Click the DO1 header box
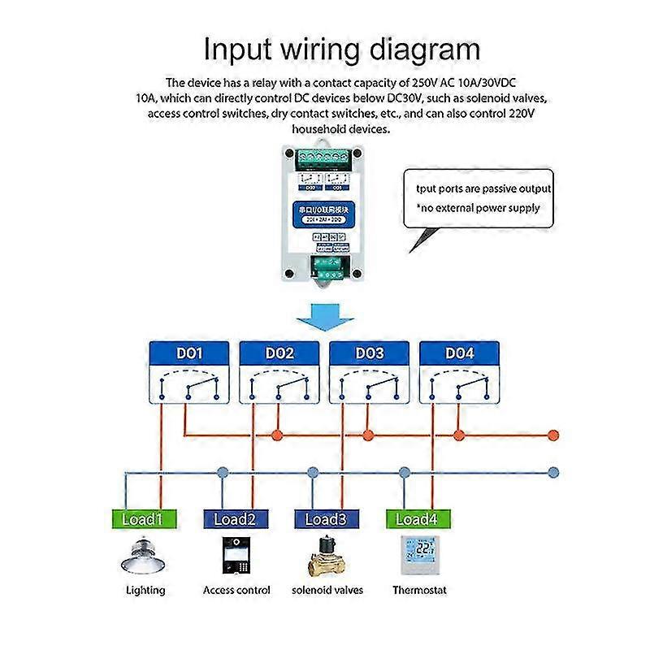click(x=188, y=354)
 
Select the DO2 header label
click(x=279, y=354)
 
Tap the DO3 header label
click(x=368, y=354)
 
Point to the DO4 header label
click(x=458, y=354)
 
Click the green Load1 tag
click(x=142, y=519)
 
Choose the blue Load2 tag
click(x=234, y=519)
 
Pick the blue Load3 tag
click(x=325, y=519)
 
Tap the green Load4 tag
click(x=418, y=519)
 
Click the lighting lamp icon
click(x=145, y=556)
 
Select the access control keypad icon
click(x=236, y=556)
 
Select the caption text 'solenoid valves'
click(x=327, y=591)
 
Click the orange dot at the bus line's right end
click(x=554, y=435)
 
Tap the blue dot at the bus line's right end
click(x=554, y=471)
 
